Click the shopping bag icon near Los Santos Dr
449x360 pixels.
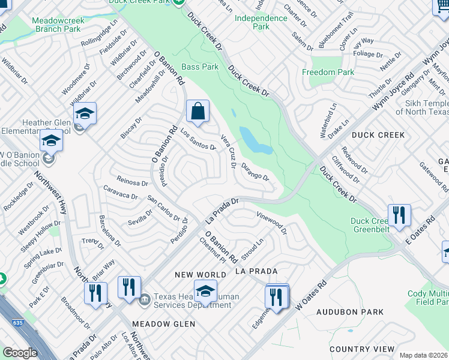pos(197,112)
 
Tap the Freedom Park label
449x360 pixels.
pos(328,73)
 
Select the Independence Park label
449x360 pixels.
pos(261,22)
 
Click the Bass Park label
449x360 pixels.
pos(200,67)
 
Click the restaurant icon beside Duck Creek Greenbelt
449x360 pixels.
pos(399,214)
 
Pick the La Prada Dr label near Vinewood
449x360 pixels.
pos(223,209)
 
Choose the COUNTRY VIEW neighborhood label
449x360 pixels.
pos(361,349)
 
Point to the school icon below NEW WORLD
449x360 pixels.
pos(205,292)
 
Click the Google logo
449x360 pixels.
pos(20,353)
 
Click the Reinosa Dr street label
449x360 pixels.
pos(124,182)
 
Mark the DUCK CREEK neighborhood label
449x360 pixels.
pos(378,135)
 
